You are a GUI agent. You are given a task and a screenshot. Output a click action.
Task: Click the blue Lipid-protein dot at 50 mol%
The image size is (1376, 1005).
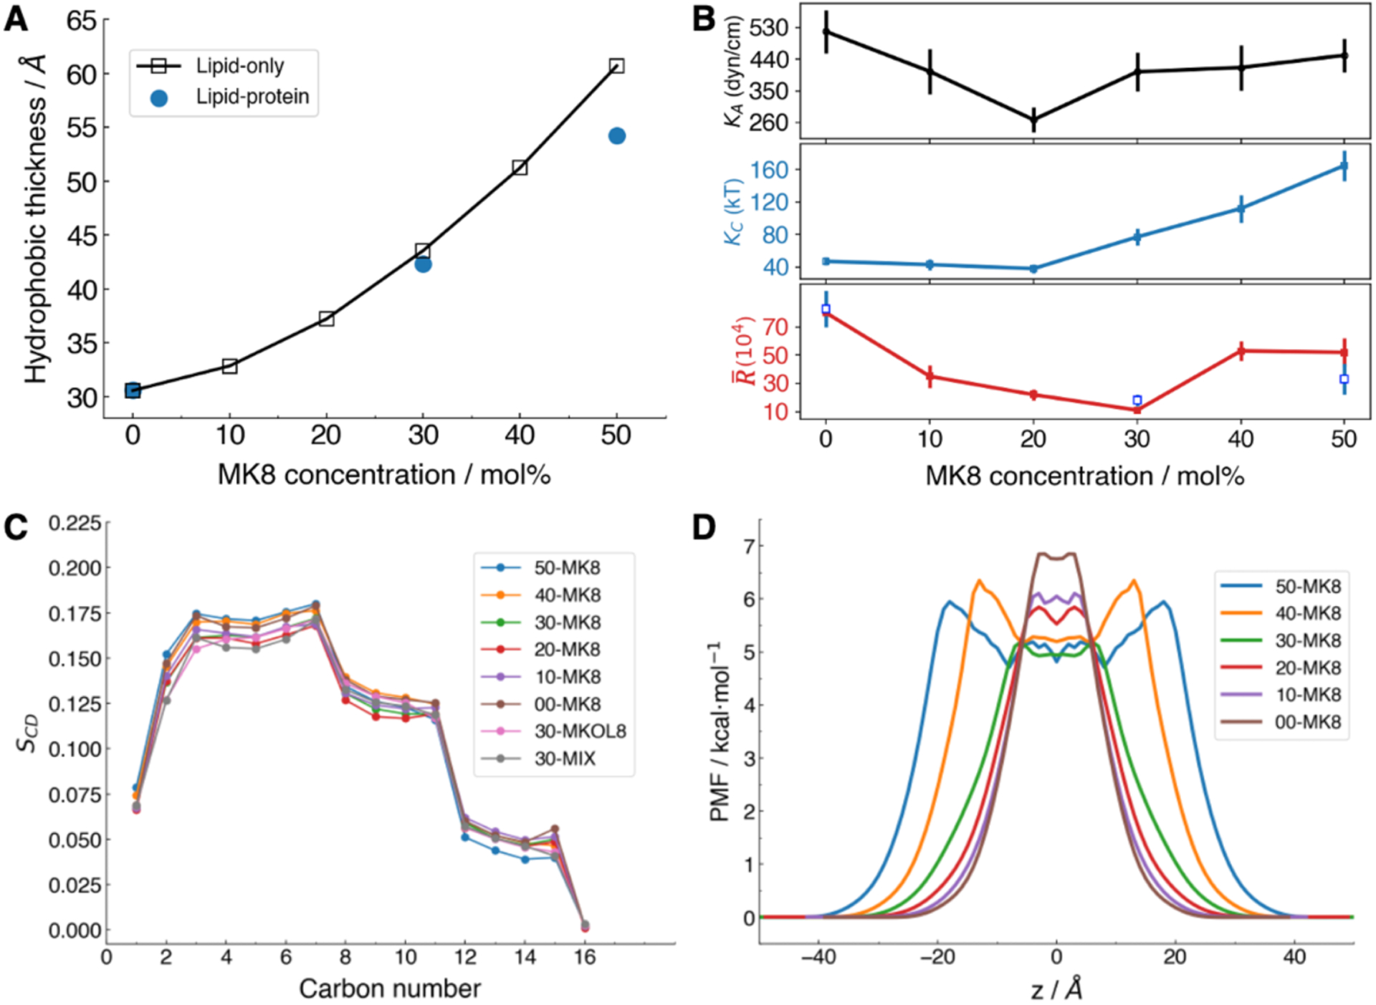click(616, 136)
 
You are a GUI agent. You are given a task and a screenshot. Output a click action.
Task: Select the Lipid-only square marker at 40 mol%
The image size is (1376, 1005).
click(520, 168)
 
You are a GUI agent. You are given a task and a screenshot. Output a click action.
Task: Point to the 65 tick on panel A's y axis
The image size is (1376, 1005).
click(81, 20)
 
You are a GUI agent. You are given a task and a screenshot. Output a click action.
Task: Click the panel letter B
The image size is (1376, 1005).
click(704, 19)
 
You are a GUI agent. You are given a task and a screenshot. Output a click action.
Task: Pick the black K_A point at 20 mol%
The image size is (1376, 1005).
click(1033, 120)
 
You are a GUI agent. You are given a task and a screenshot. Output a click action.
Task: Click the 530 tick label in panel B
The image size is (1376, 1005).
click(768, 28)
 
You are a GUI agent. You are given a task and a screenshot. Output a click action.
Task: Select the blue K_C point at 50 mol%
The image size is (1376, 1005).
click(1344, 166)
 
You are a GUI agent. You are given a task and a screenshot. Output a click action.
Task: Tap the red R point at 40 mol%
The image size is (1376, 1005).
click(1241, 351)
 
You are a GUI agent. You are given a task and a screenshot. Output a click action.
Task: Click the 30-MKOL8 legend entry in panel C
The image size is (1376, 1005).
click(580, 731)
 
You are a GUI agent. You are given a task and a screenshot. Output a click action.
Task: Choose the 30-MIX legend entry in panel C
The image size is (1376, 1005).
click(565, 759)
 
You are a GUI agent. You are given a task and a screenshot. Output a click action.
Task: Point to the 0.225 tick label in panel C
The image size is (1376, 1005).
click(75, 523)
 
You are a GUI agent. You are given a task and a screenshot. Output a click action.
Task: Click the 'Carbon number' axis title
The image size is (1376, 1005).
click(390, 989)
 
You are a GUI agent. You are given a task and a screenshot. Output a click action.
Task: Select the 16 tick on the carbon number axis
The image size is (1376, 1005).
click(585, 957)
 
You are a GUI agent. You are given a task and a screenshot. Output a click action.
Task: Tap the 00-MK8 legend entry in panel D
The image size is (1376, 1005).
click(1307, 722)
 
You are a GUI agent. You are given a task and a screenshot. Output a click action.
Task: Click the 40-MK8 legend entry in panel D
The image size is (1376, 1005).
click(1307, 613)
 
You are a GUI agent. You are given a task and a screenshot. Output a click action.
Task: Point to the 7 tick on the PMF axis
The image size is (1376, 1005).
click(750, 547)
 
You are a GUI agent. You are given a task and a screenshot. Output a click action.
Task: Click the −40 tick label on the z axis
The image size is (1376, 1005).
click(818, 957)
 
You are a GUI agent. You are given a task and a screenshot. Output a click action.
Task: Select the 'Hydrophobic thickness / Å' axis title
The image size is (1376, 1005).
click(36, 218)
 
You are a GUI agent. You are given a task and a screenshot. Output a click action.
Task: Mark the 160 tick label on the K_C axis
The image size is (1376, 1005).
click(769, 170)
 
